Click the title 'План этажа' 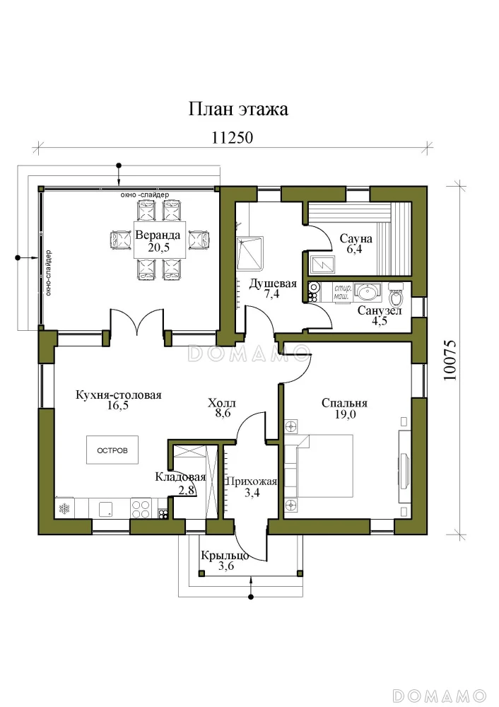[x=238, y=110]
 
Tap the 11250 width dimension [x=232, y=138]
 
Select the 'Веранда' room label [x=158, y=235]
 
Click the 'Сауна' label [x=356, y=238]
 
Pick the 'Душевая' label [x=273, y=284]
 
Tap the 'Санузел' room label [x=380, y=310]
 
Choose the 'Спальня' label [x=344, y=403]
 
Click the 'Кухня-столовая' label [x=119, y=395]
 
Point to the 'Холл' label [x=222, y=403]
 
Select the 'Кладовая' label [x=180, y=477]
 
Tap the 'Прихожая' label [x=251, y=481]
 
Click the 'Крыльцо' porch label [x=225, y=556]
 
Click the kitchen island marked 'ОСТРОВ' [x=112, y=450]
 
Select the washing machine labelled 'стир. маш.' [x=343, y=292]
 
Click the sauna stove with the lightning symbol [x=323, y=264]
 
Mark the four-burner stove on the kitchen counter [x=141, y=508]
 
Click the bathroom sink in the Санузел [x=368, y=293]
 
